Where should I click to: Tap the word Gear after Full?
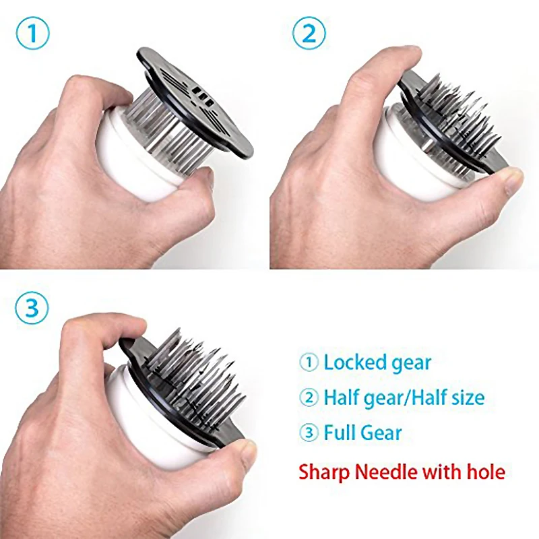click(384, 433)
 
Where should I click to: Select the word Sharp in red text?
click(326, 472)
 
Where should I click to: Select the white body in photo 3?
click(148, 438)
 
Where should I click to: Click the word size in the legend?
click(462, 398)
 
